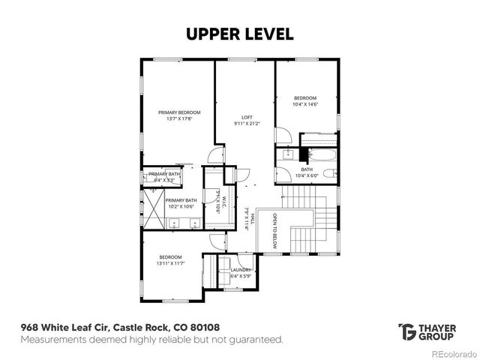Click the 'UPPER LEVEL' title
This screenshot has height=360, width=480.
[240, 34]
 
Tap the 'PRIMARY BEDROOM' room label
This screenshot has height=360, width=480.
[179, 112]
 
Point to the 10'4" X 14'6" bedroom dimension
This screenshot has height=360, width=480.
[305, 104]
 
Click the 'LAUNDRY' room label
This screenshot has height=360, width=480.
[241, 269]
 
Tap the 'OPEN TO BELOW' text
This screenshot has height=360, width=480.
[274, 229]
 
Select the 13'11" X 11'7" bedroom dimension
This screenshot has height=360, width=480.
[170, 263]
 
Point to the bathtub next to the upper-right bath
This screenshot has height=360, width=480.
[319, 155]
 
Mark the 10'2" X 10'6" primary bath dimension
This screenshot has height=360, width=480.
[181, 206]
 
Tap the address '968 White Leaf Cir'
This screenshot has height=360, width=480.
[64, 328]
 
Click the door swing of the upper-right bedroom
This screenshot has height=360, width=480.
[283, 137]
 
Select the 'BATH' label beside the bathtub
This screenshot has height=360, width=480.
[307, 169]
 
